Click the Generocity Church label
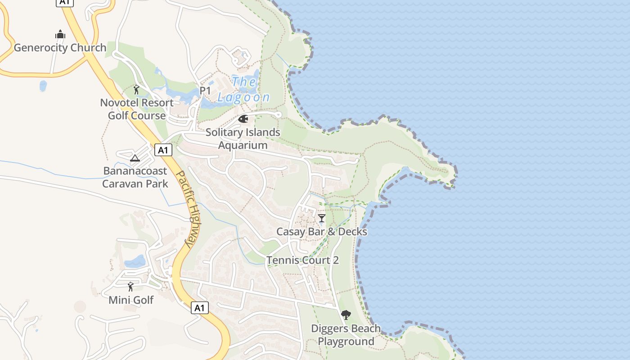pos(60,48)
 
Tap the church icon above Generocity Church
pos(60,35)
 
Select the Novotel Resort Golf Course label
pos(137,109)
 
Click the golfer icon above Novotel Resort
pos(136,90)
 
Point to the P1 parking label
pos(205,91)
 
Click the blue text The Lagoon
pos(244,90)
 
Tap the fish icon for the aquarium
pos(243,119)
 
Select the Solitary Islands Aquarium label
pos(243,139)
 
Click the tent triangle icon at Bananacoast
pos(135,158)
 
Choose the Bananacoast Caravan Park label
pos(135,177)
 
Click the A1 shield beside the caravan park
pos(163,150)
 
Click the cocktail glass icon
pos(321,219)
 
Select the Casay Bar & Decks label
pos(321,232)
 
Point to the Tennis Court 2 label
pos(302,260)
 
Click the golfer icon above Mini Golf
pos(130,287)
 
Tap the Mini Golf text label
pos(131,300)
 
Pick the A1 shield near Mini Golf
pos(200,308)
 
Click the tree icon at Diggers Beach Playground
pos(346,315)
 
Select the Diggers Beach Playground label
pos(346,335)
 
